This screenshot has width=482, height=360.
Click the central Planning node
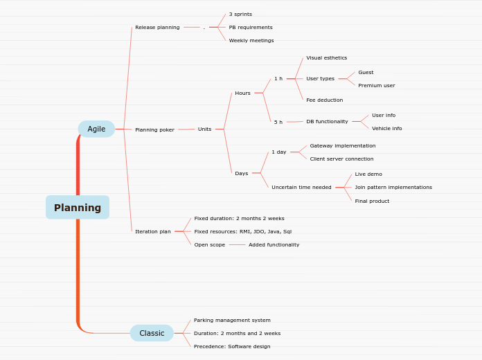[x=78, y=208]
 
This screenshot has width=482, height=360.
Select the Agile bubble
[x=96, y=129]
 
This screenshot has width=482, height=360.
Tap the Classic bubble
[x=152, y=333]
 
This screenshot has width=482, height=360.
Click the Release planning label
[x=157, y=28]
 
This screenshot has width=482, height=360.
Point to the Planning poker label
[x=154, y=129]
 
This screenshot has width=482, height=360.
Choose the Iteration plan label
[x=152, y=231]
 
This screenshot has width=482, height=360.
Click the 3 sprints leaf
[x=240, y=15]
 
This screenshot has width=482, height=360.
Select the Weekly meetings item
[x=251, y=41]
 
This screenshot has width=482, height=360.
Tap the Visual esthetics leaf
[x=326, y=58]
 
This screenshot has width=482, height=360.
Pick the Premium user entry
[x=376, y=86]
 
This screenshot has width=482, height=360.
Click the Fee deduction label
[x=324, y=100]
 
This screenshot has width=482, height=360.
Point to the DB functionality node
[x=327, y=122]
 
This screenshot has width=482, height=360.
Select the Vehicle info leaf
[x=386, y=129]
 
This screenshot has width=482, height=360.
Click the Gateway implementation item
[x=343, y=146]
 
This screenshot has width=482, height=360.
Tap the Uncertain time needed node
[x=301, y=188]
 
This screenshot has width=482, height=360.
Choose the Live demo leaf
[x=368, y=174]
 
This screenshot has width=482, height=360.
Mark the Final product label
[x=372, y=201]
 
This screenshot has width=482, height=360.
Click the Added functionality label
[x=274, y=245]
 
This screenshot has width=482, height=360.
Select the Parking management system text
[x=232, y=321]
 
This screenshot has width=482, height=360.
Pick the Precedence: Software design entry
[x=232, y=347]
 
